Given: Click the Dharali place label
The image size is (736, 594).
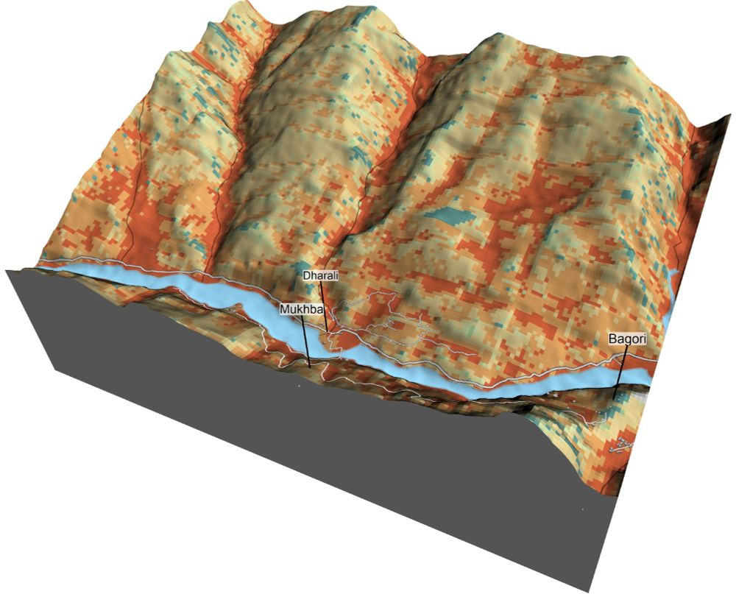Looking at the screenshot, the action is [x=320, y=276].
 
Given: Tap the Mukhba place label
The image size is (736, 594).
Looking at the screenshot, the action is [x=301, y=310].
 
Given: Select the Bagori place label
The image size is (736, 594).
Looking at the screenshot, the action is [x=626, y=339].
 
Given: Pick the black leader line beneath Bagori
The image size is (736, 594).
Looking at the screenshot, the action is [x=621, y=368].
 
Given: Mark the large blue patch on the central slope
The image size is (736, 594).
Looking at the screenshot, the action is [x=450, y=215].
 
